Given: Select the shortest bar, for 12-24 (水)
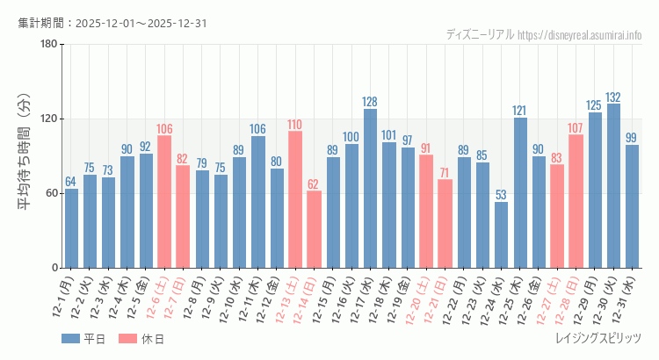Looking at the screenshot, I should click(x=501, y=235).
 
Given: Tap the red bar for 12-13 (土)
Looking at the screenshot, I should click(x=295, y=199).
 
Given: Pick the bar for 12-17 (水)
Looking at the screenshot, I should click(x=370, y=189).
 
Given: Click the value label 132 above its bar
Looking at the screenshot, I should click(x=613, y=97).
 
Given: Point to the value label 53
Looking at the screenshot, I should click(x=501, y=195).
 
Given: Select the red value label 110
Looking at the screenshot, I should click(x=295, y=125).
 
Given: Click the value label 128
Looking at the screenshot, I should click(x=370, y=102).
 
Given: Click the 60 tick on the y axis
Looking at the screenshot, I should click(x=51, y=193).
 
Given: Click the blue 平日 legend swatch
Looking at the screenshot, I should click(x=71, y=339).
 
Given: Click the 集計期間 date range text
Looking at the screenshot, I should click(x=112, y=23).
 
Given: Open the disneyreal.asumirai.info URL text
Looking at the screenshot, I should click(x=580, y=35).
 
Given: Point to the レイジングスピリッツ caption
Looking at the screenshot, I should click(x=599, y=338).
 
